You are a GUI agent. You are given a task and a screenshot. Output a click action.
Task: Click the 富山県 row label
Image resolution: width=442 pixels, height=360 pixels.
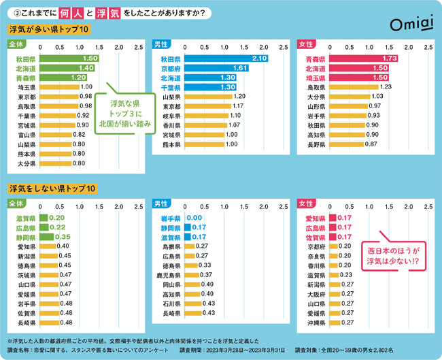click(x=27, y=135)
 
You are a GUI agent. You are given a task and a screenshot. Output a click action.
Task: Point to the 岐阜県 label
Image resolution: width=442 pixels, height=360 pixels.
click(x=171, y=116)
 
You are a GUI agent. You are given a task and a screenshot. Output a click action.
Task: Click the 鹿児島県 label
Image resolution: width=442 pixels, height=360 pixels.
click(x=168, y=274)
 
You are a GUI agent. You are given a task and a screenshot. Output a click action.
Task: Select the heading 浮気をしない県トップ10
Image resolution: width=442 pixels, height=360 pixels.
click(x=52, y=188)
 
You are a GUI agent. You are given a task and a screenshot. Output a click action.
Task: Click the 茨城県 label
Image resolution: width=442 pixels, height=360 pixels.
click(x=27, y=274)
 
